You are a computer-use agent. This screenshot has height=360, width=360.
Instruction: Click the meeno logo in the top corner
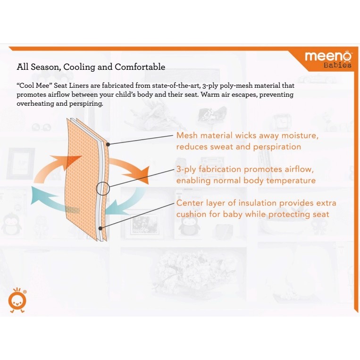coord(328,56)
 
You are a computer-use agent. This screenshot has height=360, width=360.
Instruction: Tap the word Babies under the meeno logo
coord(337,65)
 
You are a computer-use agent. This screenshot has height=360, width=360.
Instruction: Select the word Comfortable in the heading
coord(140,67)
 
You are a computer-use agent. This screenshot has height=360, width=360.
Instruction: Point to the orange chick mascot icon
coord(17,300)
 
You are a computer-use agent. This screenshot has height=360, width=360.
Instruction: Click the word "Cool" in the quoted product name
coord(27,85)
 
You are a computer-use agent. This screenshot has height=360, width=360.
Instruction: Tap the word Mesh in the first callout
coord(187,135)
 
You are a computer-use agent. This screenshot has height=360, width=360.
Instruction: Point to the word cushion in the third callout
coord(192,214)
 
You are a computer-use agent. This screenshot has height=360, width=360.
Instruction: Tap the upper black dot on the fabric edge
coord(108,144)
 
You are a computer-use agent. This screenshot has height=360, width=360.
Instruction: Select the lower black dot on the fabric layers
coord(100,228)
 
